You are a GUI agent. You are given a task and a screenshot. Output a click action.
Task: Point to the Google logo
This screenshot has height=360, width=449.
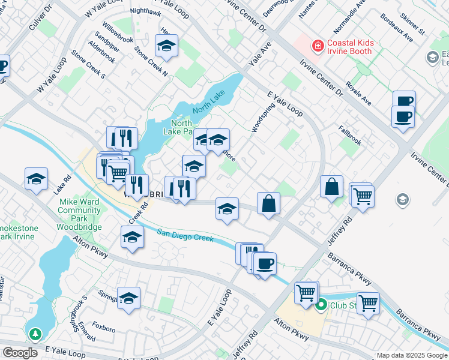20,353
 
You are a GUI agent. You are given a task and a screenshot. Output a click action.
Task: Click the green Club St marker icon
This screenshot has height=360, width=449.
321,305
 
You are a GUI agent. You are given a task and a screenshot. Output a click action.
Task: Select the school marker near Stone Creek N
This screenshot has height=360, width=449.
166,46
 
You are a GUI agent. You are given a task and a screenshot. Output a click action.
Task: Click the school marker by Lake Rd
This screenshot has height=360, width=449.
36,178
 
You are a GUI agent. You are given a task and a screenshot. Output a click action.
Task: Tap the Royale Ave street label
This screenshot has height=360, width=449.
359,95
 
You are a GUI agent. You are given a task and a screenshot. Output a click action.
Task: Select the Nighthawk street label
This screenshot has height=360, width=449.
145,11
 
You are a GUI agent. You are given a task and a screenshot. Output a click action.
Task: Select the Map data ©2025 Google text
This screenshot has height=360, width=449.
412,355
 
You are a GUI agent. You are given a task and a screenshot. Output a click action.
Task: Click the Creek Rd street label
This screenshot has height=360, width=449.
137,213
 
